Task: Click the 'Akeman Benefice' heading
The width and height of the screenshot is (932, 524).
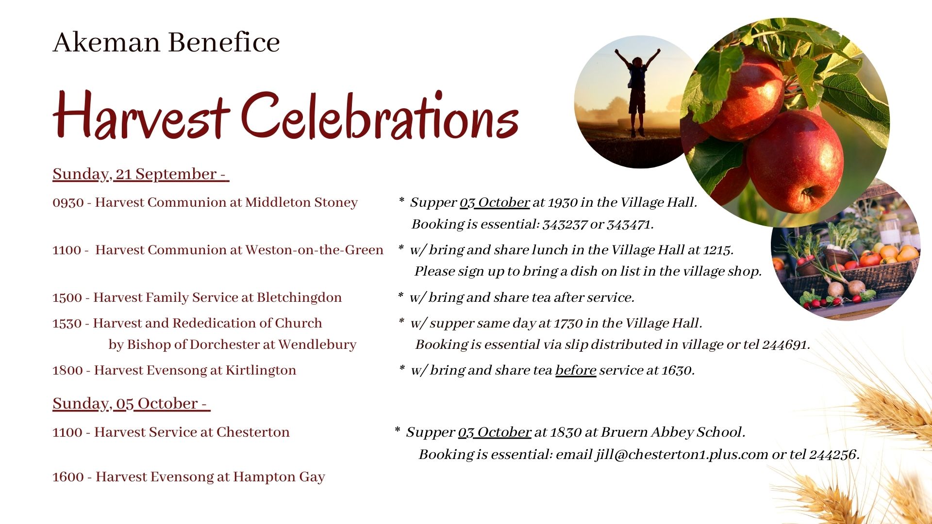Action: click(166, 42)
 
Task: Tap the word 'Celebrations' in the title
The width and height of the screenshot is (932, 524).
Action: click(380, 115)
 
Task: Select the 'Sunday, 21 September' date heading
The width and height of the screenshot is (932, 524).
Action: click(141, 174)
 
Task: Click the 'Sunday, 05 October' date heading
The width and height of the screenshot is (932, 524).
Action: click(131, 404)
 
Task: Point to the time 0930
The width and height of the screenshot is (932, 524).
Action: click(68, 202)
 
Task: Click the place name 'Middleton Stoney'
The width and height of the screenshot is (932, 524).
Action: click(301, 202)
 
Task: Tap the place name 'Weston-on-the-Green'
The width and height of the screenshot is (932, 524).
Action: click(315, 250)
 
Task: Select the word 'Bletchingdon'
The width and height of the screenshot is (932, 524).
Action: click(299, 297)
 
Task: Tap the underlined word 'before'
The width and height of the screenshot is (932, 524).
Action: click(576, 370)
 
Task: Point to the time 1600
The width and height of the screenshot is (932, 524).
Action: click(68, 477)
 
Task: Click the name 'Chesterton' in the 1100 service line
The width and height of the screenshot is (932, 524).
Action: click(253, 432)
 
